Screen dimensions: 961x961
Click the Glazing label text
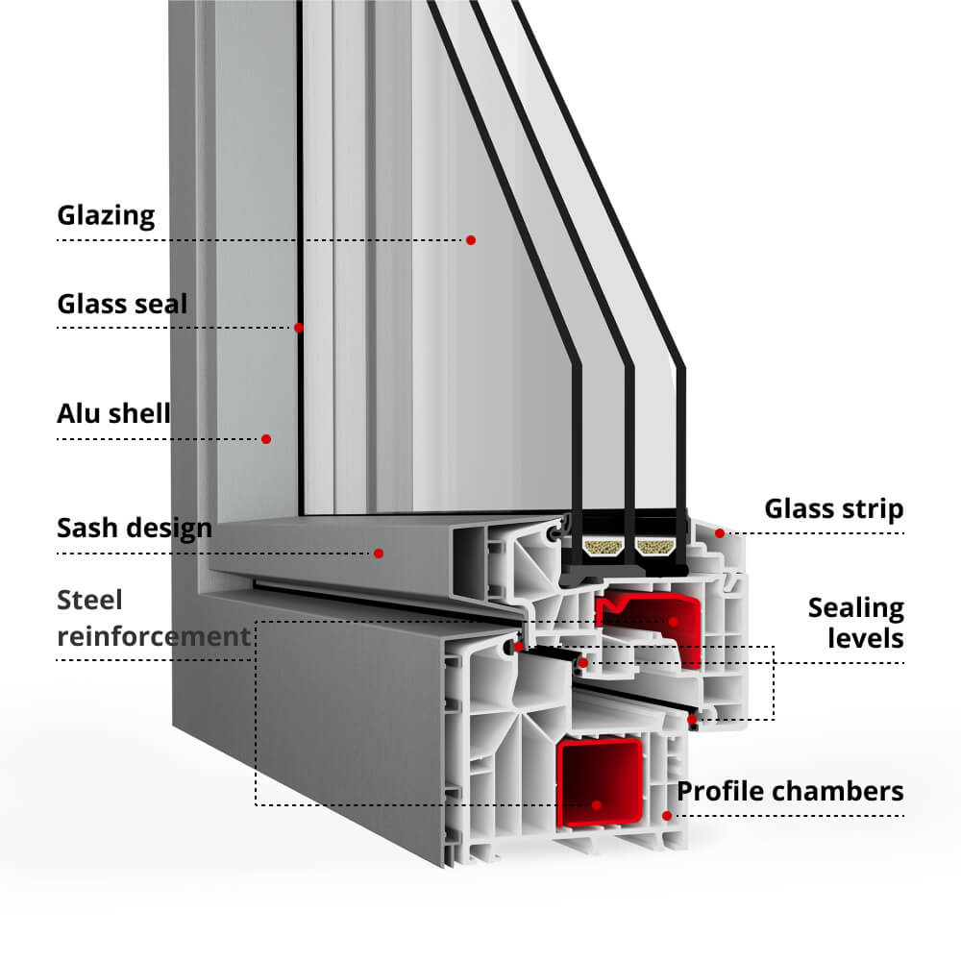(106, 215)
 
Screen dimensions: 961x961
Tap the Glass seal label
(122, 305)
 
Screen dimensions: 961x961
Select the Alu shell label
(113, 414)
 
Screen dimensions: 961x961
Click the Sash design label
(134, 528)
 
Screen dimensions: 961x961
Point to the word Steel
(90, 601)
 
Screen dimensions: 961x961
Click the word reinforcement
(153, 636)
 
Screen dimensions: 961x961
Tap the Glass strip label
(834, 509)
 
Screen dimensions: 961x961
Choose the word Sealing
(855, 607)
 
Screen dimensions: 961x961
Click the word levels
(866, 638)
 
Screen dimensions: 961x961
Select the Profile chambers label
(790, 791)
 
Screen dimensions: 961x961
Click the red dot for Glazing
(471, 239)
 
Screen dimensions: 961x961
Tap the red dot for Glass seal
(299, 328)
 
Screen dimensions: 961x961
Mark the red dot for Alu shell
(266, 439)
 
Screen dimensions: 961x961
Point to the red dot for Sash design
(379, 553)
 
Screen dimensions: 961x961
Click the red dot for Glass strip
(718, 532)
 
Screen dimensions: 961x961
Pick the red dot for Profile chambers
(666, 816)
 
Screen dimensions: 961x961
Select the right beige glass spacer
(657, 548)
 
